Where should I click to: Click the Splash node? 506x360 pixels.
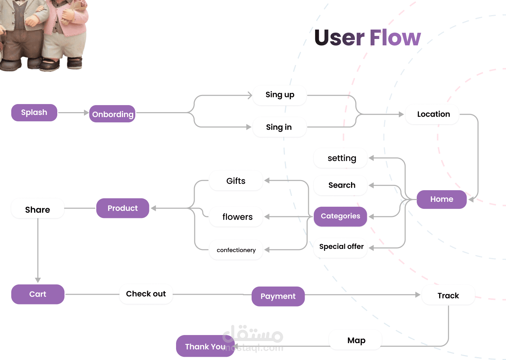[34, 112]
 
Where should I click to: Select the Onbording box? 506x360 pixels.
[112, 114]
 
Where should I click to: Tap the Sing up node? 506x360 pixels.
[280, 95]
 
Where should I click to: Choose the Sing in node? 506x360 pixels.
[279, 127]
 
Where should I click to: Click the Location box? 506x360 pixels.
[433, 114]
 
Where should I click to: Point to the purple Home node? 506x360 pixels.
[441, 199]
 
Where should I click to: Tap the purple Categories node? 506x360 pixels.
[340, 216]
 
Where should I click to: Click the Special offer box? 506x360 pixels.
[341, 247]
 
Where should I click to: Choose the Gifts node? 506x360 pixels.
[236, 181]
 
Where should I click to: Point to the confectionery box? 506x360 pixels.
[236, 250]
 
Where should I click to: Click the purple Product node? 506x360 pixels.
[123, 208]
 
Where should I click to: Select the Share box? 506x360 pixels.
[38, 210]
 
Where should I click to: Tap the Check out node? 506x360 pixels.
[146, 294]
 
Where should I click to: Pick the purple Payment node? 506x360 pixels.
[278, 296]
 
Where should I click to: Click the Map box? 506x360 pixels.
[356, 340]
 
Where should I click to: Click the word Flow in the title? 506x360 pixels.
[395, 38]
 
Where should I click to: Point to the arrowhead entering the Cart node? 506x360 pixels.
[38, 280]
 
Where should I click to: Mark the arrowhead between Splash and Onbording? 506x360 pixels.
[86, 112]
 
